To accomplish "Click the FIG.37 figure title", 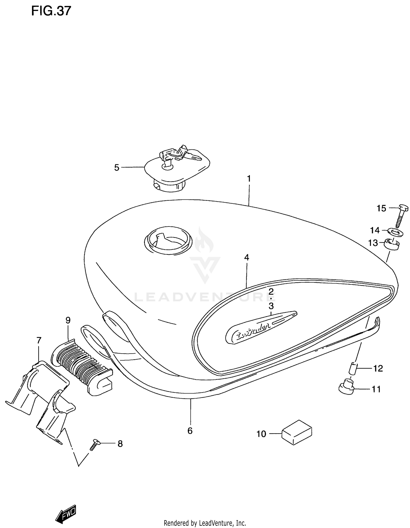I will (x=51, y=11).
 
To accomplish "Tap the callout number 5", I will (x=117, y=168).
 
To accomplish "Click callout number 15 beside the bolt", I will (x=381, y=208).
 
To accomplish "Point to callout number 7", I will (x=39, y=340).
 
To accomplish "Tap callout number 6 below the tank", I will (x=190, y=431).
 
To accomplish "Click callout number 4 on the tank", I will (x=247, y=257).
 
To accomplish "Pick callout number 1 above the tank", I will (x=249, y=179).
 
